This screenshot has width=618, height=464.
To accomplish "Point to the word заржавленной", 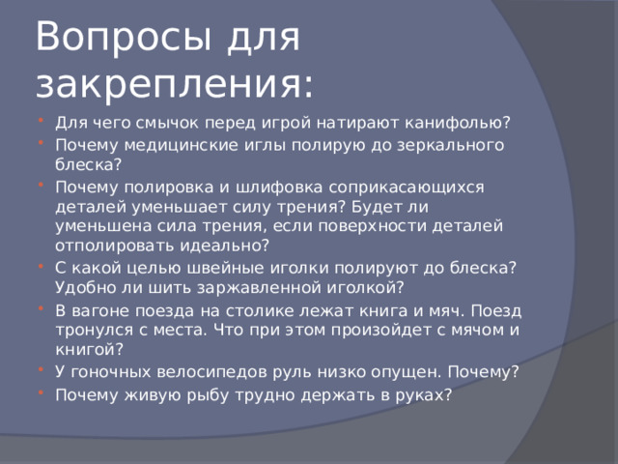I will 278,287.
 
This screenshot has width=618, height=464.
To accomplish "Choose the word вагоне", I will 103,309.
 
